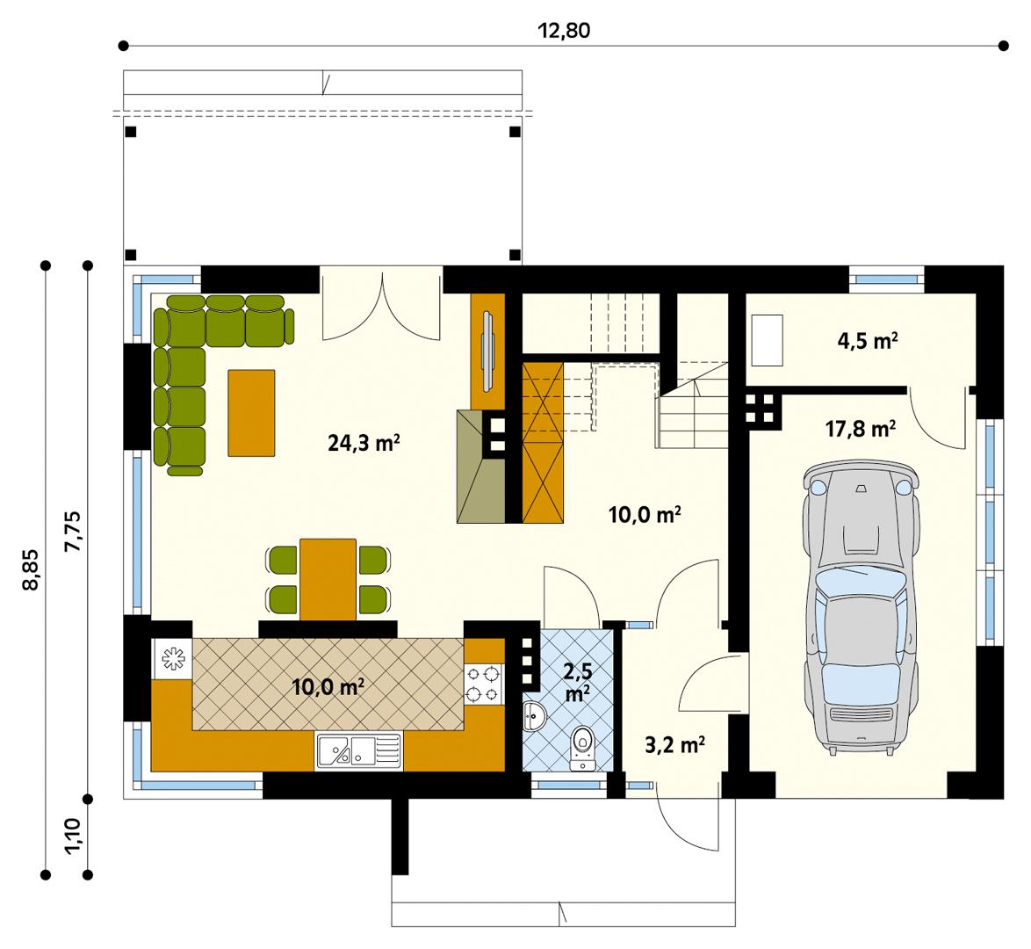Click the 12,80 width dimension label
pyautogui.click(x=564, y=31)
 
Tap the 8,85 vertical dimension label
pyautogui.click(x=32, y=571)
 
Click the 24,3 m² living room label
pyautogui.click(x=364, y=444)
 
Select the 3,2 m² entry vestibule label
pyautogui.click(x=674, y=746)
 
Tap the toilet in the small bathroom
pyautogui.click(x=581, y=748)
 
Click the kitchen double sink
pyautogui.click(x=358, y=750)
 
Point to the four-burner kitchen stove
pyautogui.click(x=484, y=684)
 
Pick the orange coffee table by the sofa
pyautogui.click(x=251, y=412)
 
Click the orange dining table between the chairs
pyautogui.click(x=328, y=579)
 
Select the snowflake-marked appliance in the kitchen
pyautogui.click(x=171, y=658)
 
